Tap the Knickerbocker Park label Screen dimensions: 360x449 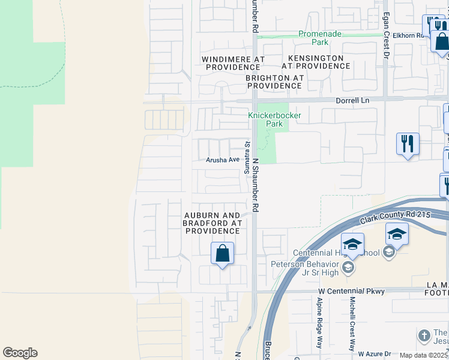click(x=274, y=119)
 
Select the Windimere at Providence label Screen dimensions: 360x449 click(x=225, y=63)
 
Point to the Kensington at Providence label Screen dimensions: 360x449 click(x=316, y=62)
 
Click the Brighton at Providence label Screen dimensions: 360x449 click(x=274, y=82)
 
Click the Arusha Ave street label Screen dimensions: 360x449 click(x=223, y=160)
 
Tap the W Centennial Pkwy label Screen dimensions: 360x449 click(x=351, y=291)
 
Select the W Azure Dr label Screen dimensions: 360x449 click(x=375, y=354)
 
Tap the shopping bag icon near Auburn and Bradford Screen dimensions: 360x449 click(x=222, y=253)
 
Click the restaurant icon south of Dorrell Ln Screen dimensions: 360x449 click(x=408, y=144)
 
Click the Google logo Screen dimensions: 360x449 click(x=20, y=353)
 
